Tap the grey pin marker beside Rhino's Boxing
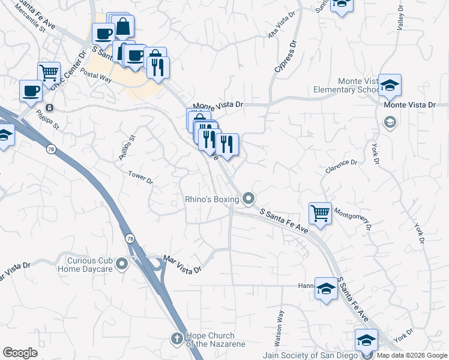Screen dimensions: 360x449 tap(248, 198)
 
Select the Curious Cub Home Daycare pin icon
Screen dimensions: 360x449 tap(122, 263)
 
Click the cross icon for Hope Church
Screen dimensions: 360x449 tap(177, 339)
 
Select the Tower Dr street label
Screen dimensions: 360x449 tap(141, 178)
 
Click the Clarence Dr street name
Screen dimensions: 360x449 tap(341, 166)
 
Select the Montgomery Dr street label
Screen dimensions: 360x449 tap(352, 217)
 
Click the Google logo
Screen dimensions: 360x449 tap(20, 353)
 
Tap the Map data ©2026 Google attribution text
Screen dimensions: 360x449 tap(411, 355)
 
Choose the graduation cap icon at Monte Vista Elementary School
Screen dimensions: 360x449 tap(390, 85)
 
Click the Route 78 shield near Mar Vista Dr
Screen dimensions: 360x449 tap(130, 238)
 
